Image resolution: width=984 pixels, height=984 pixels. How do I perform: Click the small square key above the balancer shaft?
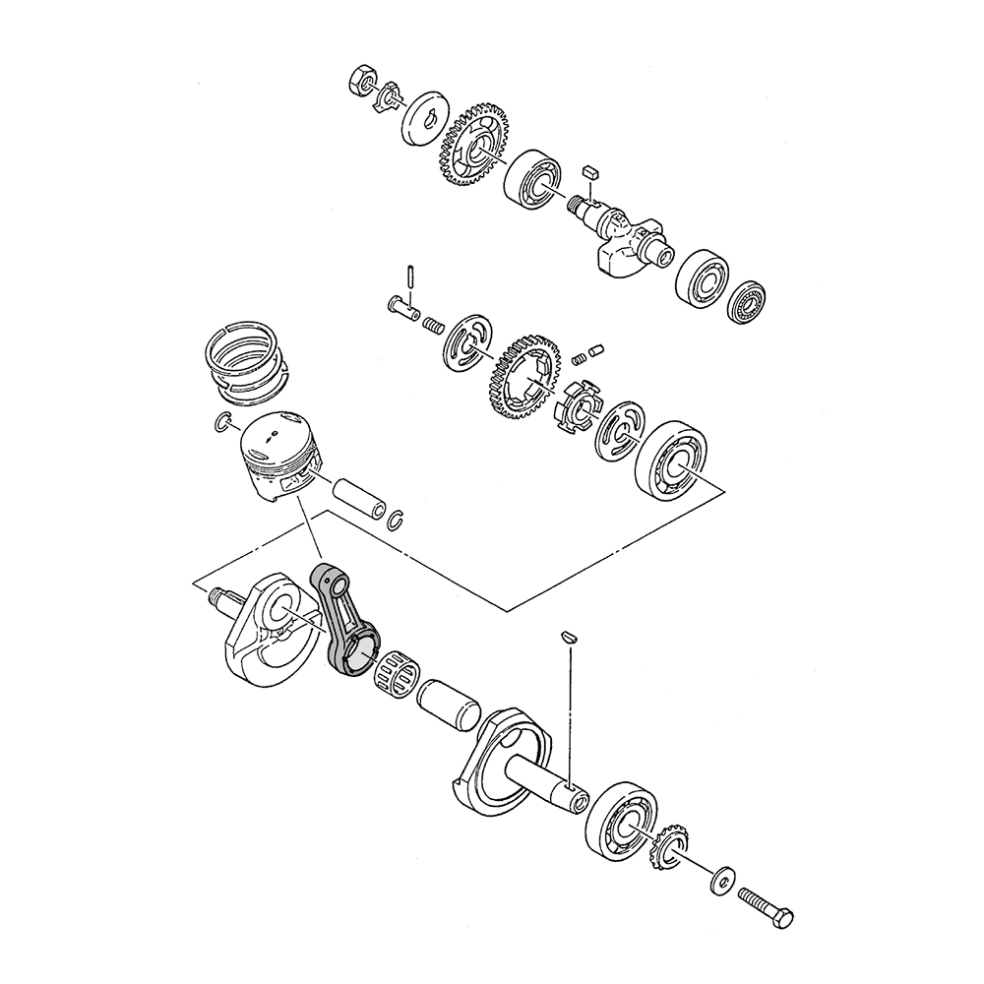point(590,172)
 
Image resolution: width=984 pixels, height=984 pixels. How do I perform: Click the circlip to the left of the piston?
point(222,423)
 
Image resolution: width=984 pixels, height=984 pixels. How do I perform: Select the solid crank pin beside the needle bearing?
point(449,705)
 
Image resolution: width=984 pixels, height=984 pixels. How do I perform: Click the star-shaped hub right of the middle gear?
point(576,405)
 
